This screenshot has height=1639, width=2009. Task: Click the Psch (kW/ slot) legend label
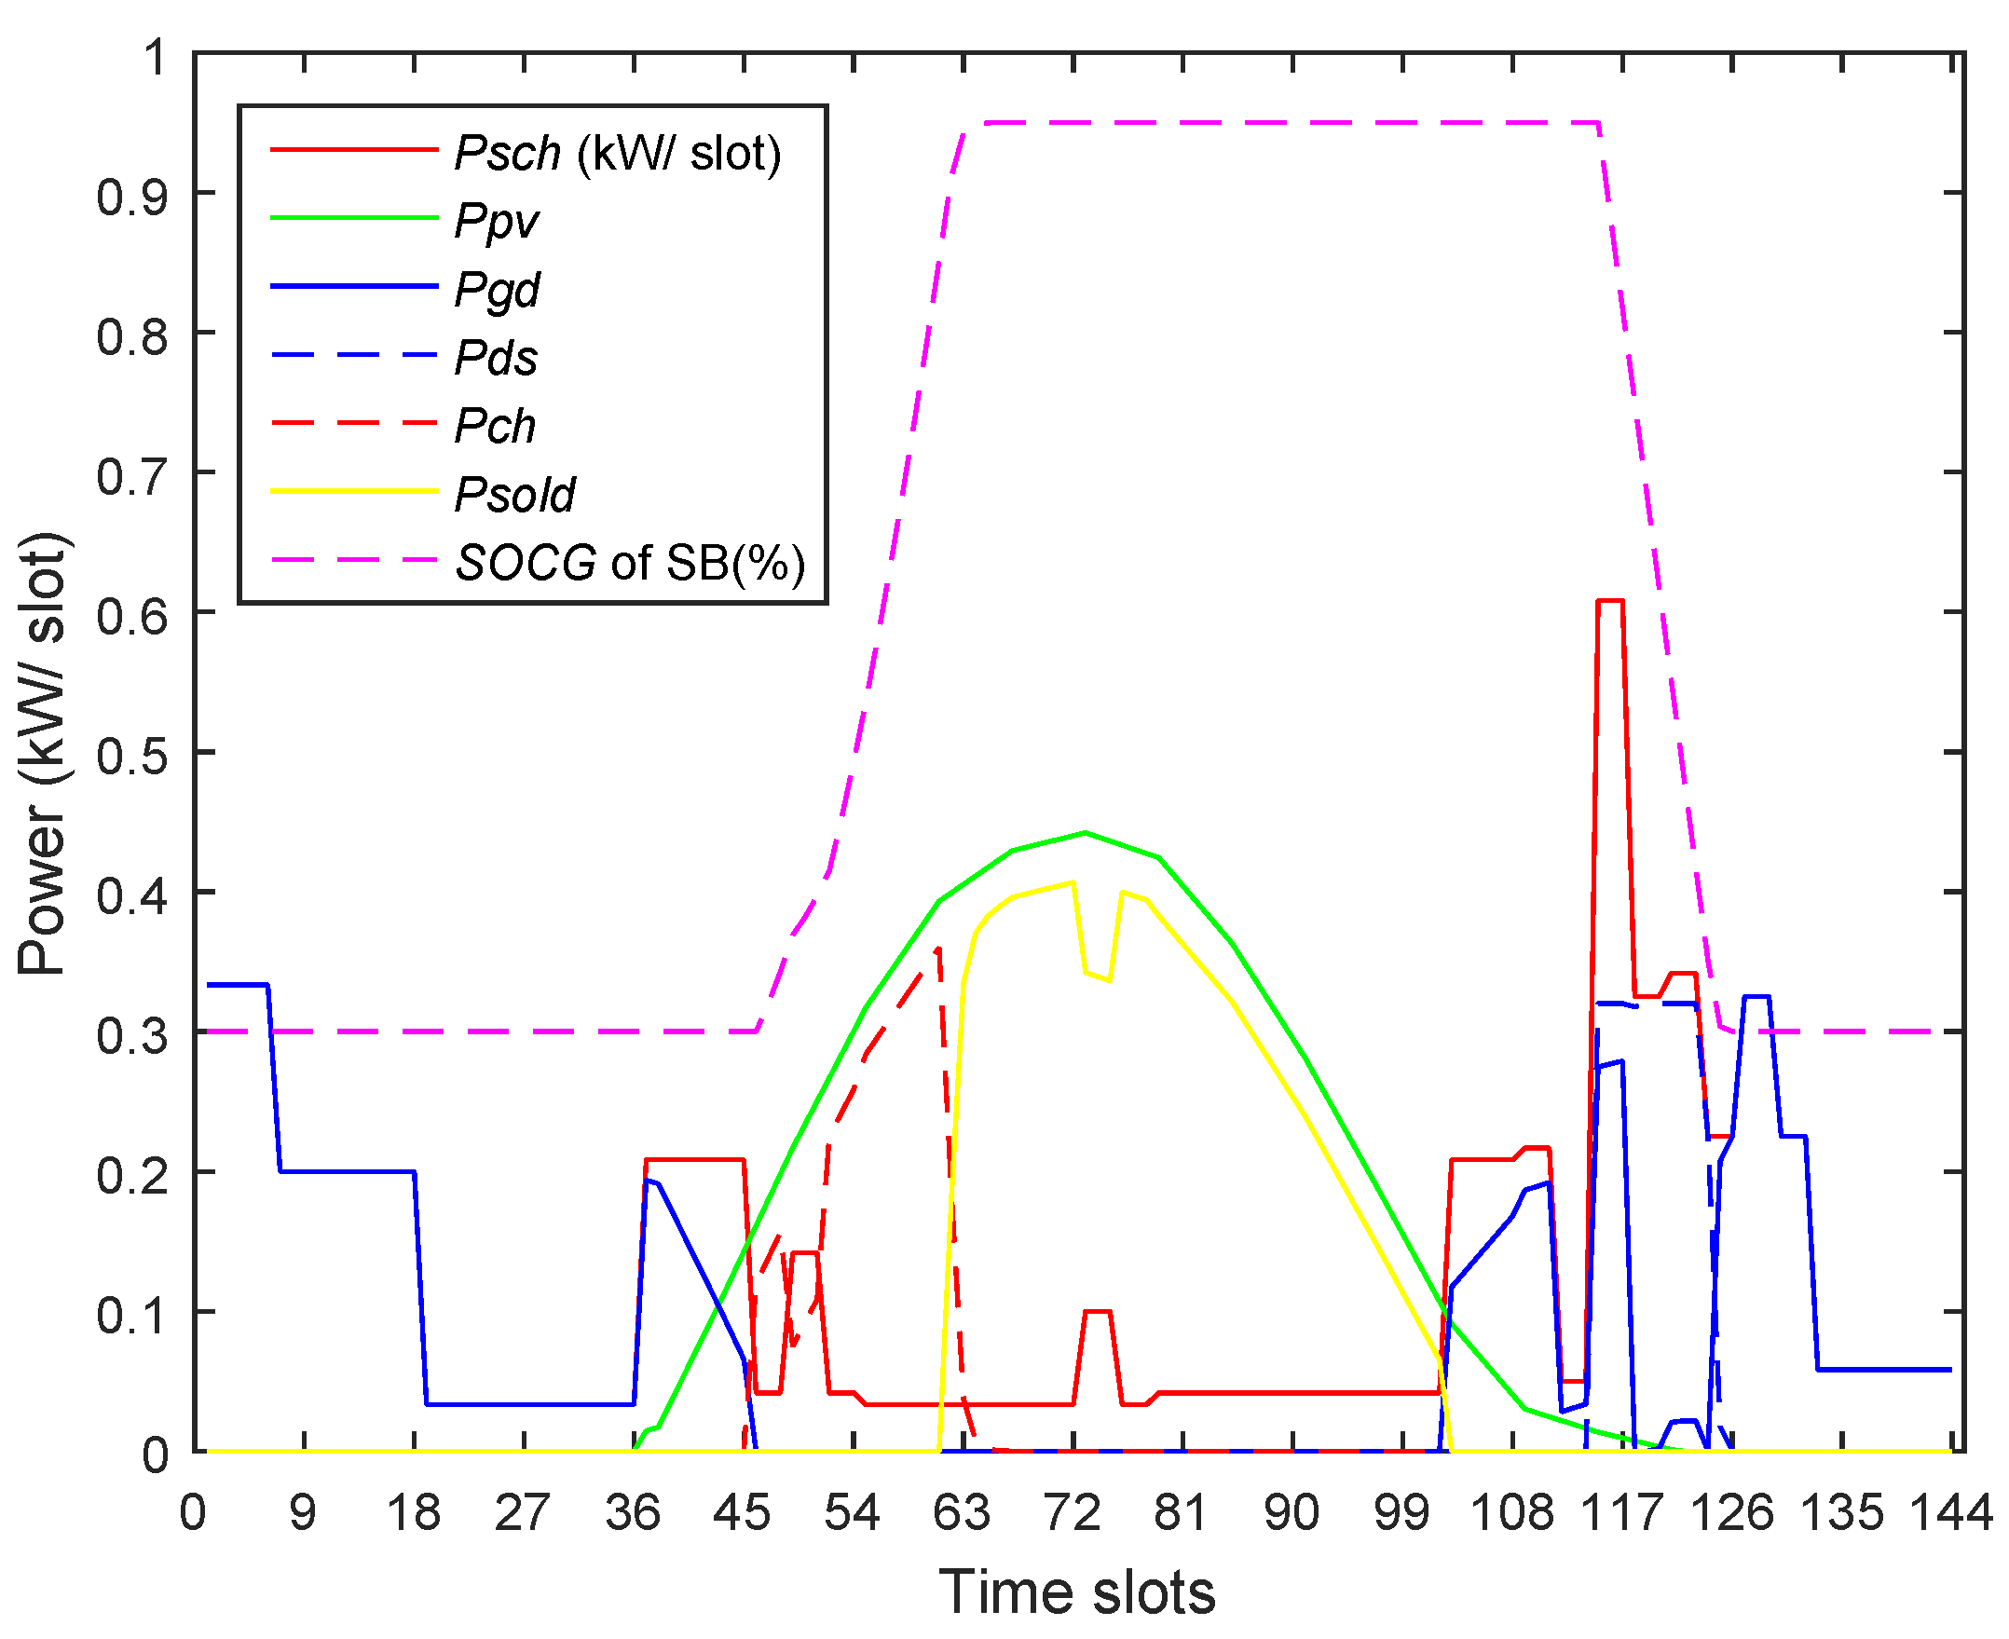[x=619, y=153]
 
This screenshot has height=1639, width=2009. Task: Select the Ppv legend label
[x=497, y=221]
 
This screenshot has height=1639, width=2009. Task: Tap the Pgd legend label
[x=497, y=290]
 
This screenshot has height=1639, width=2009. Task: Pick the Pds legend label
[x=496, y=358]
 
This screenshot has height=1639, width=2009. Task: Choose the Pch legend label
[x=495, y=427]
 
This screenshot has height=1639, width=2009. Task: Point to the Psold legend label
[x=514, y=495]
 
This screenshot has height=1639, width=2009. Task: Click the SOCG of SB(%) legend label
[x=631, y=563]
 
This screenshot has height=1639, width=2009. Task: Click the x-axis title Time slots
[x=1076, y=1591]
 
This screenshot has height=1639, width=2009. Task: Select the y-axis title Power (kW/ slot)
[x=43, y=754]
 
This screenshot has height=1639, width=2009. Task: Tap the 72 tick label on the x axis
[x=1073, y=1512]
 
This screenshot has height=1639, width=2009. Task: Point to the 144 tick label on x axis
[x=1950, y=1512]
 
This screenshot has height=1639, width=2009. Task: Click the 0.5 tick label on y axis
[x=131, y=754]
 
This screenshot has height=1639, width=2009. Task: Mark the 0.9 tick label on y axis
[x=131, y=195]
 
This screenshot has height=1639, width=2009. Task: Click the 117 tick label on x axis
[x=1622, y=1512]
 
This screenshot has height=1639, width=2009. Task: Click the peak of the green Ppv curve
[x=1085, y=833]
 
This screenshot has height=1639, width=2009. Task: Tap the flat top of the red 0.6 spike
[x=1609, y=600]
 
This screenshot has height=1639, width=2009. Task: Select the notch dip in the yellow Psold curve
[x=1097, y=977]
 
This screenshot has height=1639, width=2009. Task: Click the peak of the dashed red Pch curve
[x=937, y=949]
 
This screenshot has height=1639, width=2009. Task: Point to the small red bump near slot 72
[x=1097, y=1311]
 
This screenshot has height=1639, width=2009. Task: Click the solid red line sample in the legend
[x=354, y=150]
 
